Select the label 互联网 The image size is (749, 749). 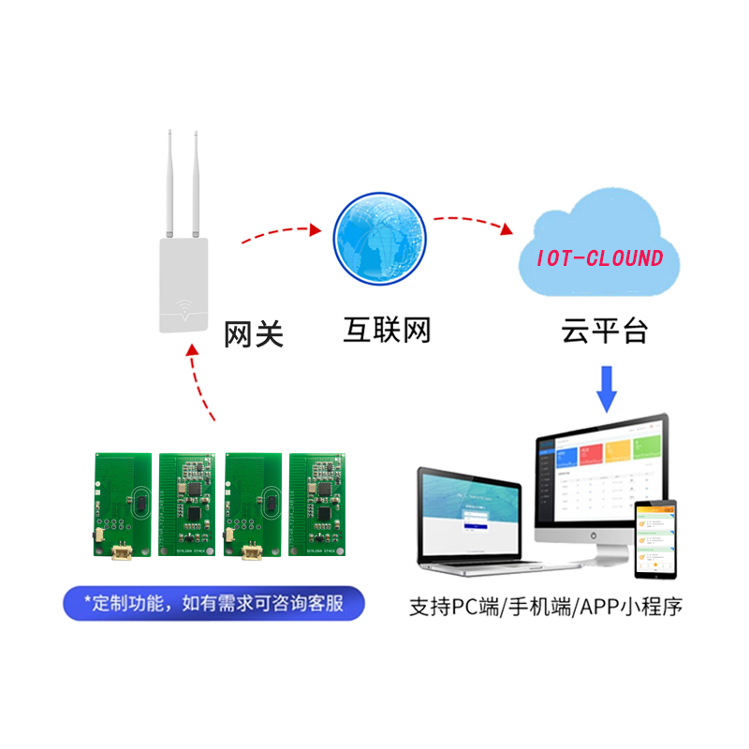point(387,330)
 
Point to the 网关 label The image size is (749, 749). point(253,334)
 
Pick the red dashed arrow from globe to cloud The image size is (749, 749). point(468,222)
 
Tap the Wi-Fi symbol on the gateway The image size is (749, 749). point(184,308)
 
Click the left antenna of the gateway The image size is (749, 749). point(165,183)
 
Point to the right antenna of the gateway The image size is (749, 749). point(198,183)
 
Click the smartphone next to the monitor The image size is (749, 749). point(654,538)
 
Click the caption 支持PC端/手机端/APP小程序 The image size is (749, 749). point(546,608)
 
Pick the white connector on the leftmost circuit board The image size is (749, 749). point(119,552)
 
